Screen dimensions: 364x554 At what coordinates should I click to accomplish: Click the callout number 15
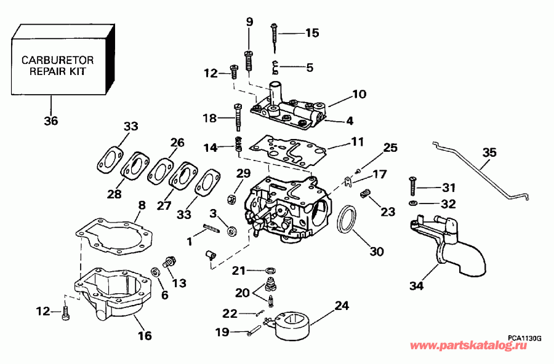[312, 33]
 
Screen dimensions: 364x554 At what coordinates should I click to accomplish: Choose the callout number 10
[359, 95]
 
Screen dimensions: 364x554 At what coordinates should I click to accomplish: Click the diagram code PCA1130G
[524, 337]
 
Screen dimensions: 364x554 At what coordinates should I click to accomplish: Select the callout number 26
[177, 143]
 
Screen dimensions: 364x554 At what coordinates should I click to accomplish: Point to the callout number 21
[239, 270]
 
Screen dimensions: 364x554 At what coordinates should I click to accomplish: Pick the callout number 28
[114, 194]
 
